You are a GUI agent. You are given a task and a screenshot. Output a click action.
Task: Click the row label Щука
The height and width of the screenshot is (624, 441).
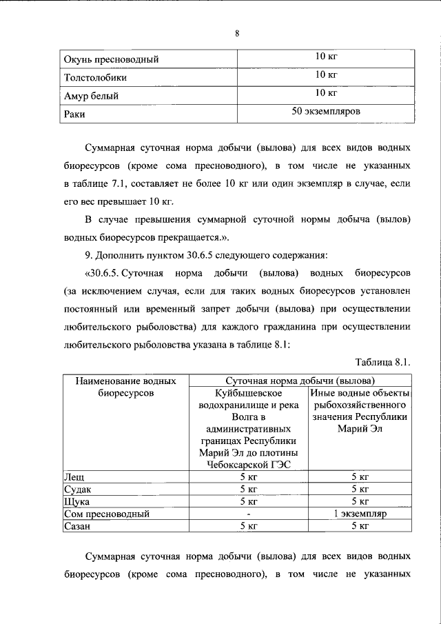point(76,501)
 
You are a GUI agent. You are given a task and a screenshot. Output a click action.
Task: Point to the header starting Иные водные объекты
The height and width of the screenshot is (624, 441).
point(360,411)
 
